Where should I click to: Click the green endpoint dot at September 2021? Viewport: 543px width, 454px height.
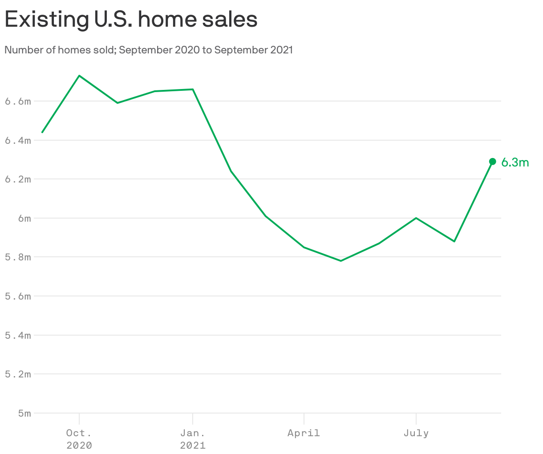click(x=492, y=162)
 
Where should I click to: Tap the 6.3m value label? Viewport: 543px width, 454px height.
click(x=515, y=162)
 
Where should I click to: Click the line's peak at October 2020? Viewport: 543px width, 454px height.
click(x=79, y=76)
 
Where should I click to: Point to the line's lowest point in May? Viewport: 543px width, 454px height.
click(x=341, y=261)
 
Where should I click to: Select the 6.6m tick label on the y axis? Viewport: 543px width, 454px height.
click(x=18, y=101)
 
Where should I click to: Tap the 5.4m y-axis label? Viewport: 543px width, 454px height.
click(x=18, y=335)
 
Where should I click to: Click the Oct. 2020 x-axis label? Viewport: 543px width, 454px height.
click(x=79, y=438)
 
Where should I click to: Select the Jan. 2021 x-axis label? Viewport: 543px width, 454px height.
click(x=193, y=438)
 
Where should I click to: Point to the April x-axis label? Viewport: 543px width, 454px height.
click(x=304, y=433)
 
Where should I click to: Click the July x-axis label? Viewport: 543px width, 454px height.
click(x=416, y=433)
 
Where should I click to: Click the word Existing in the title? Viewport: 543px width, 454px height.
click(x=45, y=20)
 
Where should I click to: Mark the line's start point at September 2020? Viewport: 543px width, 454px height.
click(x=42, y=132)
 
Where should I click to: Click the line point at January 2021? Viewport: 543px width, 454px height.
click(x=193, y=89)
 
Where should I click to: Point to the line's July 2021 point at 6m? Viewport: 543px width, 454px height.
click(x=416, y=218)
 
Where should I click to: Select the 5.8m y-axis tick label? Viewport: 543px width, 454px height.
click(x=18, y=257)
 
